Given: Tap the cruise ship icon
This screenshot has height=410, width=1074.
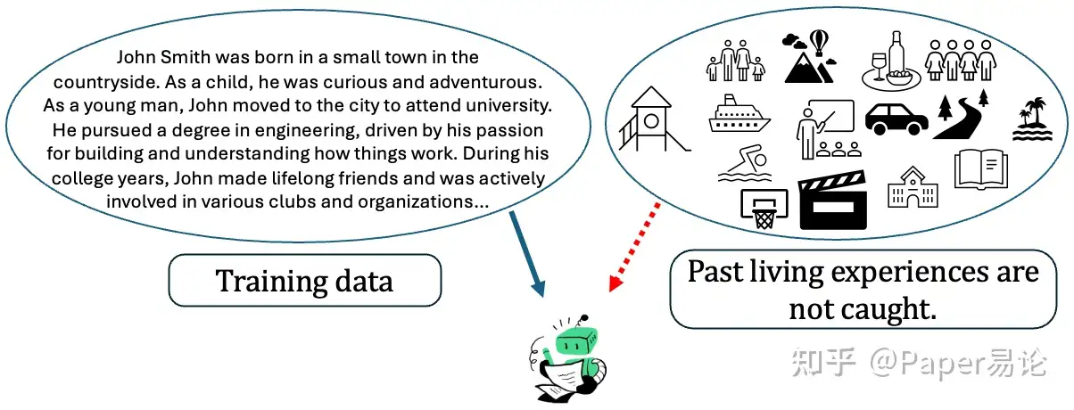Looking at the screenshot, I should pyautogui.click(x=739, y=115).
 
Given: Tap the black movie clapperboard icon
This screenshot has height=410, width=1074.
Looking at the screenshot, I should pyautogui.click(x=833, y=201).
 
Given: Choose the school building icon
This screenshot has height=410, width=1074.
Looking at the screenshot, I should pyautogui.click(x=913, y=186).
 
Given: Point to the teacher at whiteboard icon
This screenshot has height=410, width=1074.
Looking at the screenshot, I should pyautogui.click(x=826, y=127).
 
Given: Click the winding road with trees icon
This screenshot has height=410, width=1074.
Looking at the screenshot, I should pyautogui.click(x=962, y=115).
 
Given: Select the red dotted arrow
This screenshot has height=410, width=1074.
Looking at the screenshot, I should pyautogui.click(x=634, y=246).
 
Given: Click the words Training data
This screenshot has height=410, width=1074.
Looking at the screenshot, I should pyautogui.click(x=304, y=281).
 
